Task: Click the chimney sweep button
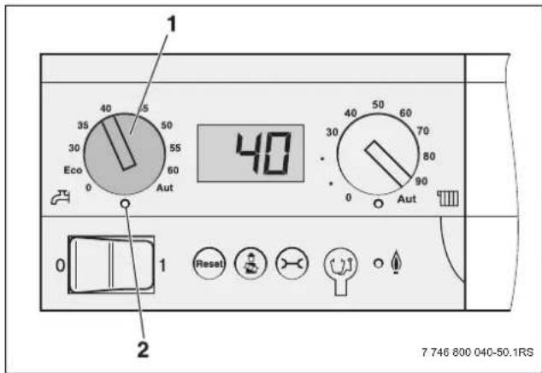point(250,264)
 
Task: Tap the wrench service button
point(292,264)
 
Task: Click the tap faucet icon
point(61,197)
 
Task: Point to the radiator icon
point(448,198)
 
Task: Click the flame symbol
point(396,263)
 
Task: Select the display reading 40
point(263,153)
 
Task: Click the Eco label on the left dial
point(73,170)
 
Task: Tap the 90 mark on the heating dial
point(421,181)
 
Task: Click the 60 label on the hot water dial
point(173,170)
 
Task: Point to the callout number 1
point(172,24)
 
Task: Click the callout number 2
point(143,349)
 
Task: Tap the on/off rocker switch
point(111,265)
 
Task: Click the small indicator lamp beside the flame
point(379,264)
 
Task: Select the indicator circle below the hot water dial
point(126,204)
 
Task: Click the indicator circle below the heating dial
point(379,204)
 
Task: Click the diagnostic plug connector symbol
point(340,271)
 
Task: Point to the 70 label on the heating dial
point(423,131)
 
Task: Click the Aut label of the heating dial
point(407,199)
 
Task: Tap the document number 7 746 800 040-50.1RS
point(477,353)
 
